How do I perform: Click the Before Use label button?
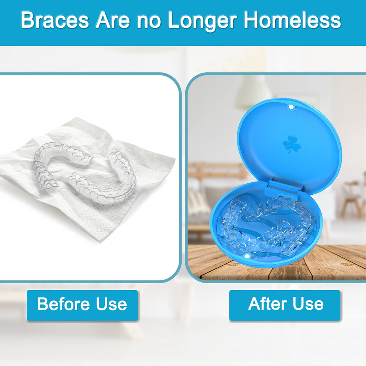(x=82, y=305)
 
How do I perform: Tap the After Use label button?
(x=285, y=304)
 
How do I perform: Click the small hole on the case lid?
(x=291, y=107)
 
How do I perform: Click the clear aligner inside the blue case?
(x=267, y=223)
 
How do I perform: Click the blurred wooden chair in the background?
(x=350, y=198)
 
